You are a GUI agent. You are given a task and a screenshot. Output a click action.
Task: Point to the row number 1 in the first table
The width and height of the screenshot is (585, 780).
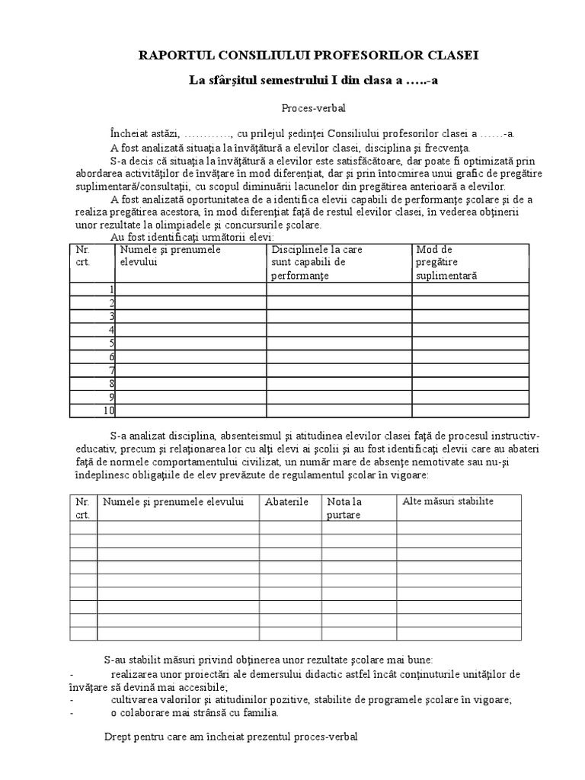(x=112, y=289)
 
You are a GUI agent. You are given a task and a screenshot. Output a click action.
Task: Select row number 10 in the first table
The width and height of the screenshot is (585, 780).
(x=109, y=411)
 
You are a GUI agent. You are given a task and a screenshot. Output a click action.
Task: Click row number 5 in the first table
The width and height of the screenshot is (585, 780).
(x=112, y=343)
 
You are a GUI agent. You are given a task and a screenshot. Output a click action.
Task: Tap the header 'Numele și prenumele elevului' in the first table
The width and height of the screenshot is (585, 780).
(x=171, y=255)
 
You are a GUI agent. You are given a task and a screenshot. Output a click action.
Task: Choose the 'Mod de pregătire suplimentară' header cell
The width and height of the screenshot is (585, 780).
(x=446, y=262)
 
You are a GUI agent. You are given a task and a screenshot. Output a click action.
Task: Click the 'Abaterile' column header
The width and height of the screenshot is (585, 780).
(x=286, y=502)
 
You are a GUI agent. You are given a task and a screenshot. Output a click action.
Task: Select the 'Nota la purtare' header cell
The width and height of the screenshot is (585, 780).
(x=344, y=508)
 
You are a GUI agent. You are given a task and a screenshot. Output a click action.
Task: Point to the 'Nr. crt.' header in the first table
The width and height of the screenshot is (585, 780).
(x=83, y=255)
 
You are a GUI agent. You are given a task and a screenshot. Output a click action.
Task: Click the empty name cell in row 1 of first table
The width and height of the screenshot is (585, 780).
(x=190, y=289)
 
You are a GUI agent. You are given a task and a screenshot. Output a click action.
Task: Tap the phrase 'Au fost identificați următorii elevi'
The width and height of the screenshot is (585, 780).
(x=187, y=238)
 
